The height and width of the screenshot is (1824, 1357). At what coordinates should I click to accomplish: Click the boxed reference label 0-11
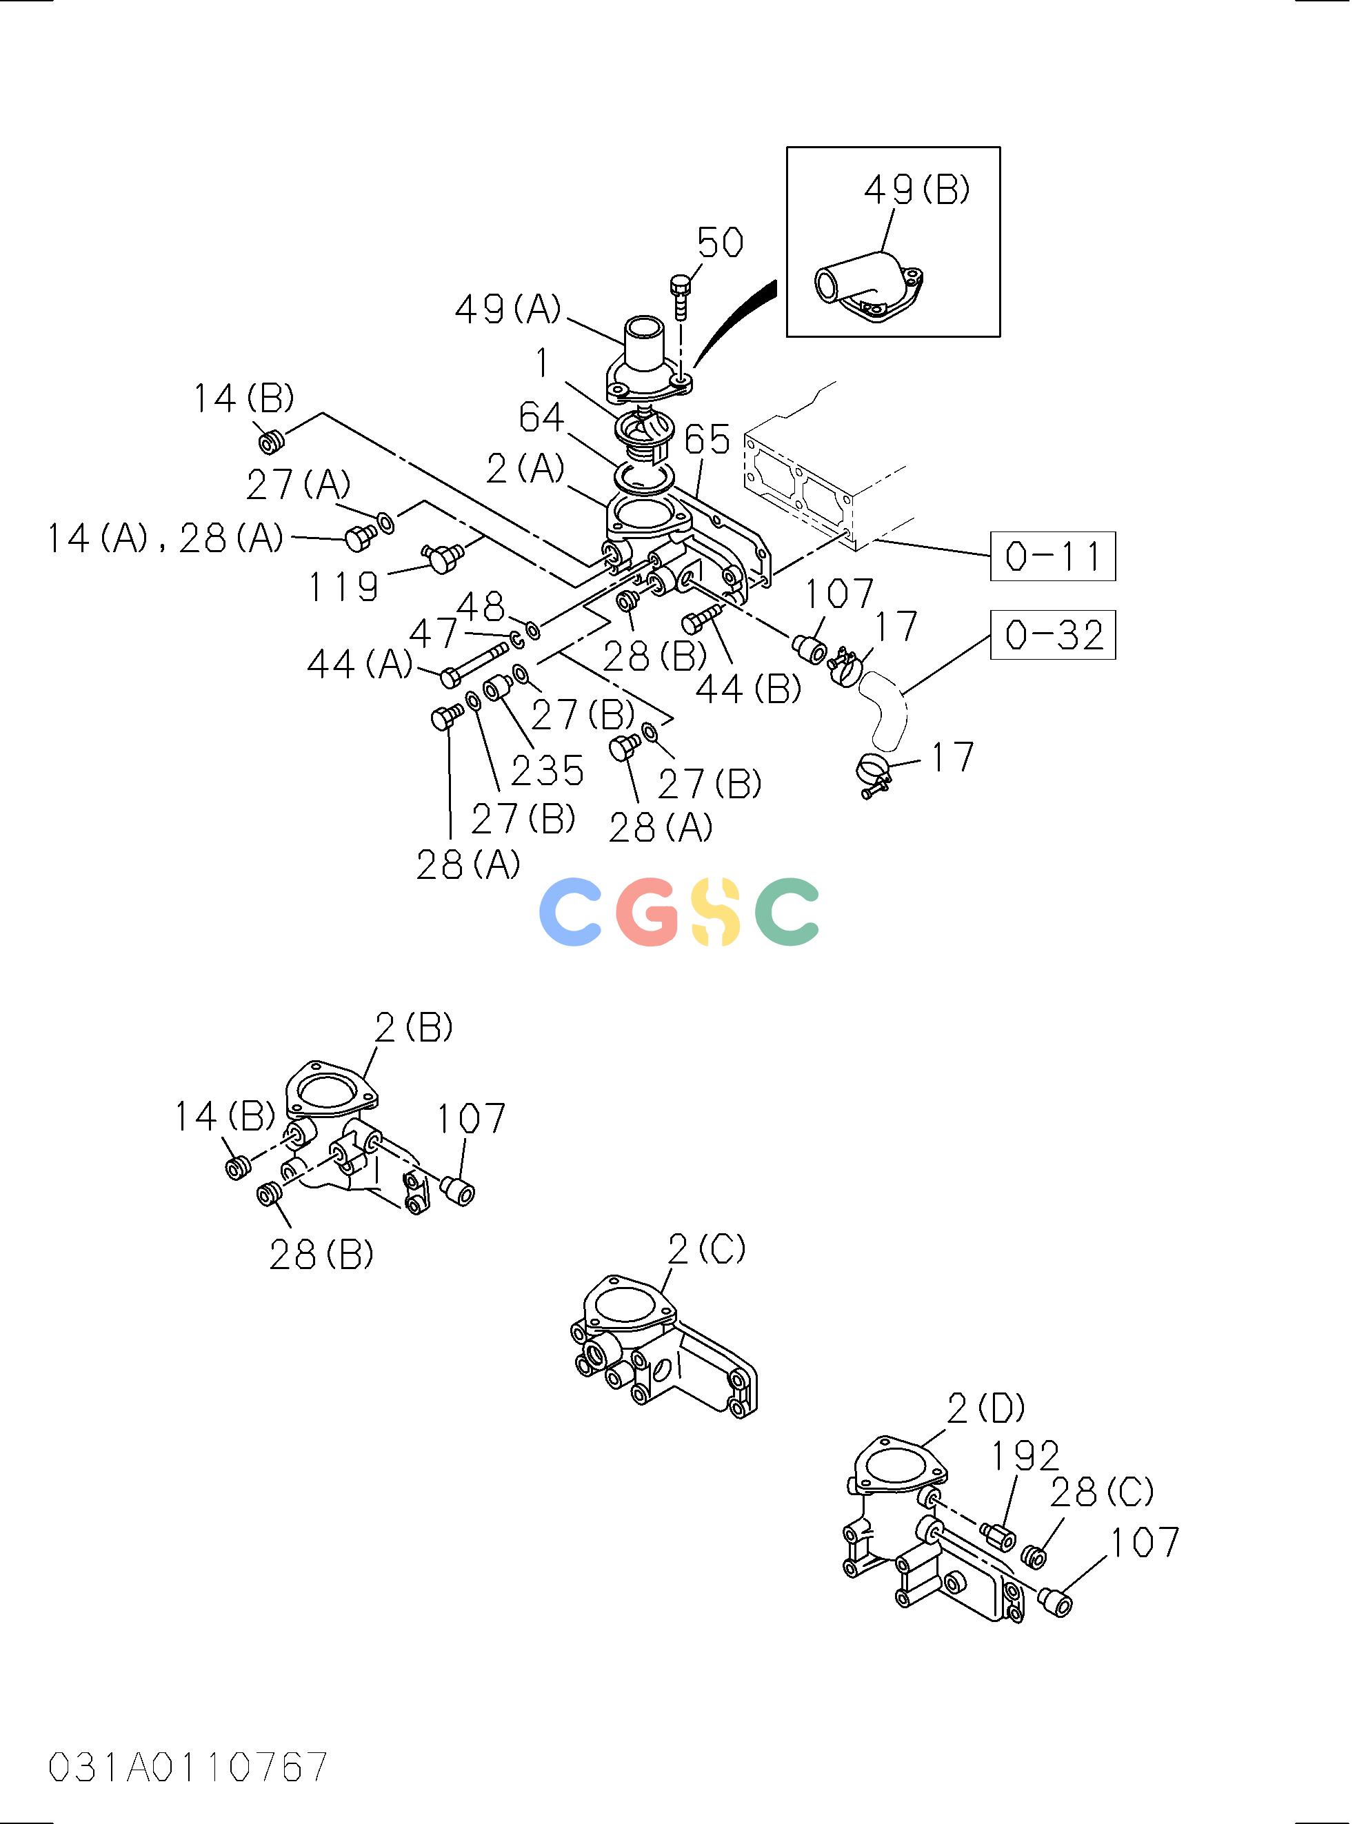tap(1058, 558)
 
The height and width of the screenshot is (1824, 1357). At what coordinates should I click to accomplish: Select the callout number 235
tap(550, 773)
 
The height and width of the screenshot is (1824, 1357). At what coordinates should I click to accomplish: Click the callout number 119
tap(345, 589)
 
